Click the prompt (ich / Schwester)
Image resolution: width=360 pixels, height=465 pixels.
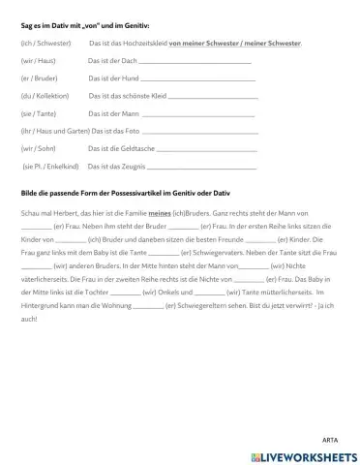[44, 44]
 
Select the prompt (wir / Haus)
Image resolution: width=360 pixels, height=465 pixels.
[37, 60]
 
